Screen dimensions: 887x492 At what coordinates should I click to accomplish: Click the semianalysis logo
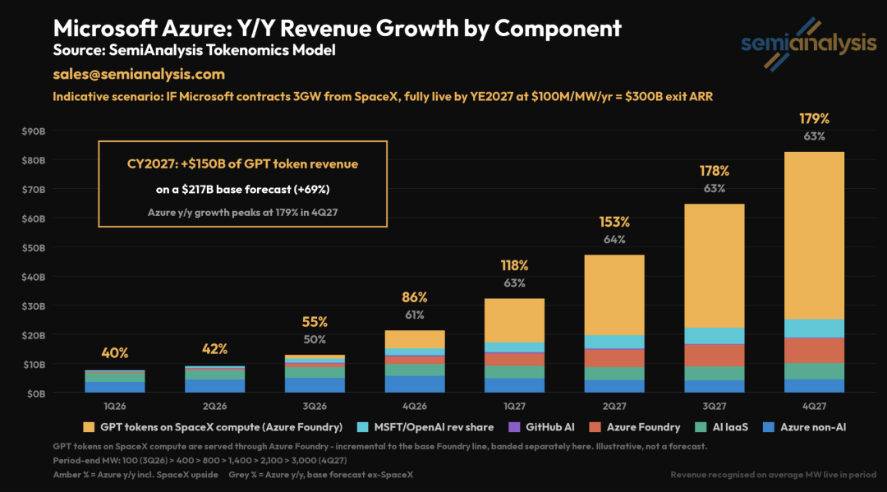point(809,44)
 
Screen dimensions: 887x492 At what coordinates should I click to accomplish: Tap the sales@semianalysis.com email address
point(139,74)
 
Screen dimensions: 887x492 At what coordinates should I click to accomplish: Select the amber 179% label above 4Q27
point(814,119)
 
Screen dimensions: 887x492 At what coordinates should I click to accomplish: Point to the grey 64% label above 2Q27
point(614,239)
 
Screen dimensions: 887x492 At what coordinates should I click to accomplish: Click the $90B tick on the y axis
point(34,131)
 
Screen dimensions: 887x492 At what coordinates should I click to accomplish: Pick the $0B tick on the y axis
point(35,393)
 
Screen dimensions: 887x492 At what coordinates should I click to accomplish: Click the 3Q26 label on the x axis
point(315,406)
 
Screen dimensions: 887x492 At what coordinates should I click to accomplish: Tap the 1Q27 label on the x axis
point(514,406)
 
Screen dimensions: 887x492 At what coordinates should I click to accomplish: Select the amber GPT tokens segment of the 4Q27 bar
point(814,236)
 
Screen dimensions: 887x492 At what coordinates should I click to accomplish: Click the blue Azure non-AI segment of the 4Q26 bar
point(415,384)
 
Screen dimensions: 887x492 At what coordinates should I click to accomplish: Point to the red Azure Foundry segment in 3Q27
point(715,356)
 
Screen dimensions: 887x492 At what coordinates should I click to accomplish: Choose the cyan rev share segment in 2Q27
point(614,342)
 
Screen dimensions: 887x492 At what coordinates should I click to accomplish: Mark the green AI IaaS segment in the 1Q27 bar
point(514,372)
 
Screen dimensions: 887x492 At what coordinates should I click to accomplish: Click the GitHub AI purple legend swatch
point(514,428)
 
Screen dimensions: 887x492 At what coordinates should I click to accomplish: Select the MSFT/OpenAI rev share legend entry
point(426,428)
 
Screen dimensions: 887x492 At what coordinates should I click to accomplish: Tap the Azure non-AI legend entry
point(804,428)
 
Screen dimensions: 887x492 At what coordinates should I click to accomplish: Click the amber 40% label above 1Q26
point(115,353)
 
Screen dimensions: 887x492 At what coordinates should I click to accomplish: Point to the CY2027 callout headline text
point(242,164)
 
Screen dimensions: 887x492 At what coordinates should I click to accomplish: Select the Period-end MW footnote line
point(200,460)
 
